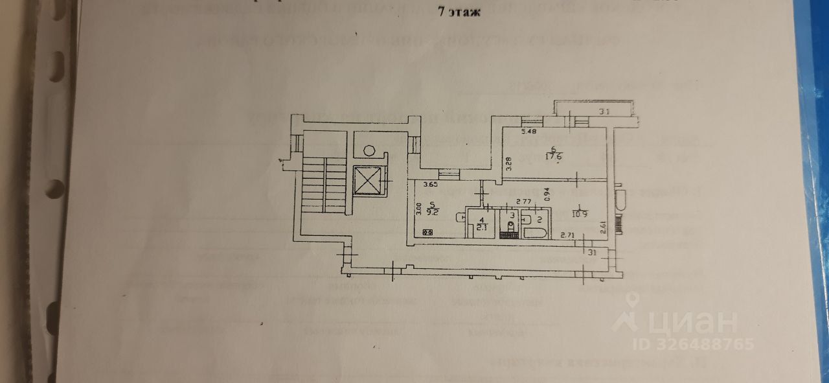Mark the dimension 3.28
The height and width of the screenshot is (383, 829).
click(509, 160)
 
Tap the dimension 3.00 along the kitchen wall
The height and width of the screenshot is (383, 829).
click(419, 209)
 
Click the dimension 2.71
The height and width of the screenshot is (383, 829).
click(568, 235)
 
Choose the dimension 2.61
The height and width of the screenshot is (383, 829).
click(602, 226)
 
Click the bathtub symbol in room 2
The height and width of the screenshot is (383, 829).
click(535, 233)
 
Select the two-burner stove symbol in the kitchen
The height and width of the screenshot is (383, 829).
click(427, 232)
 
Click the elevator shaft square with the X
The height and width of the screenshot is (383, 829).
click(368, 180)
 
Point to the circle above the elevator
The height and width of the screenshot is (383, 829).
click(369, 150)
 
